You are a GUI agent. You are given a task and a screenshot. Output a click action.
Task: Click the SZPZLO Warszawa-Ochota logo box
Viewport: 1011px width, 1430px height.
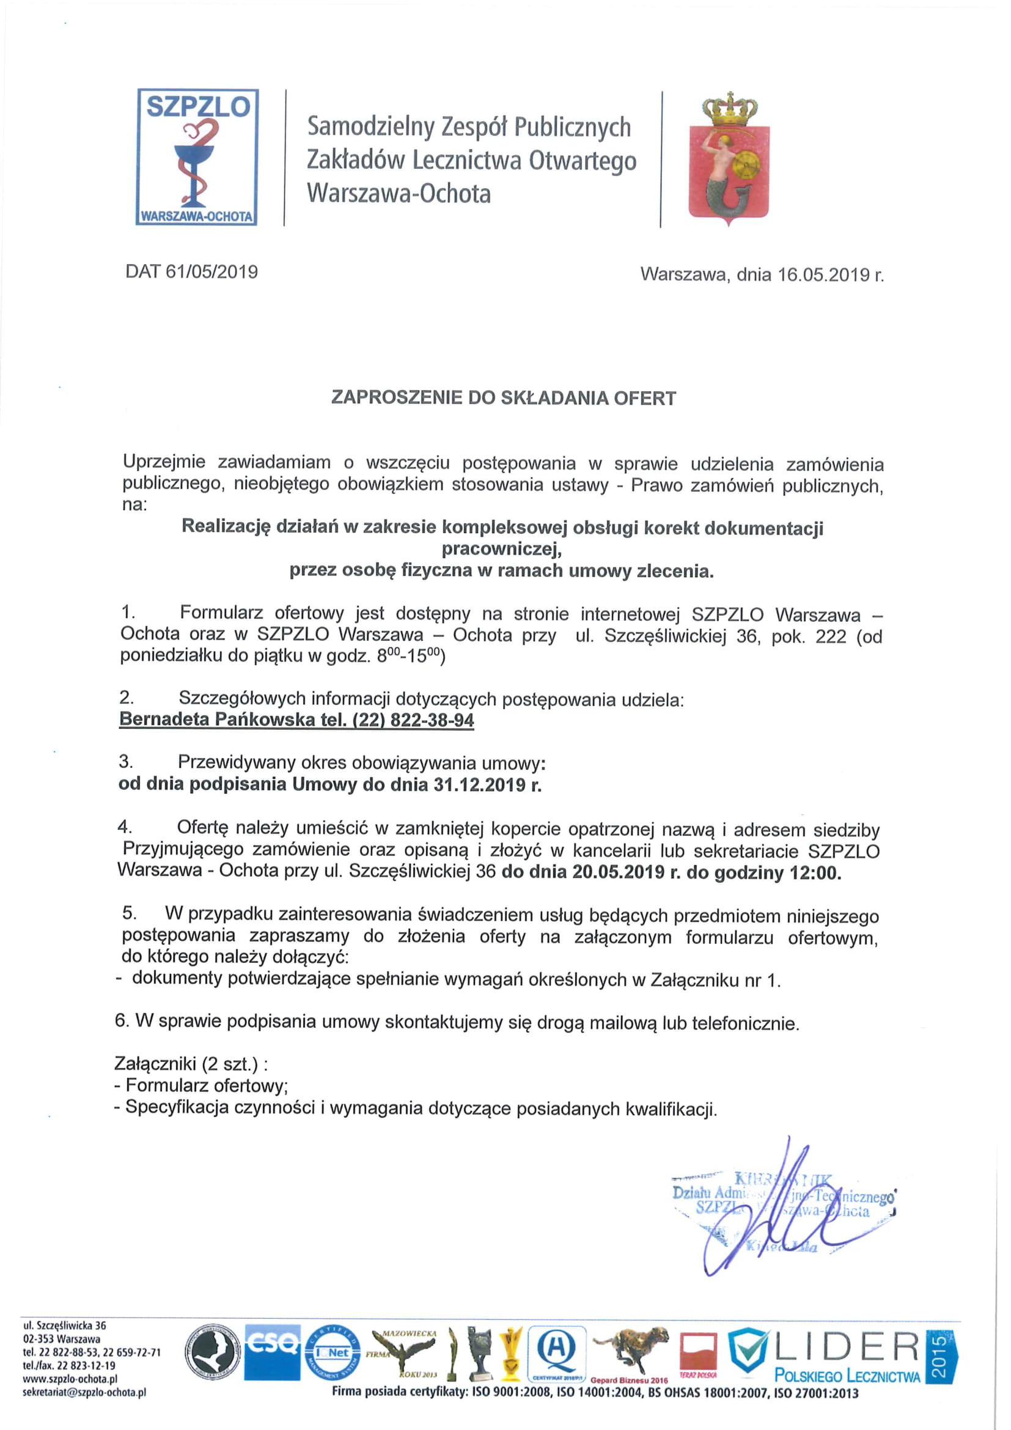[197, 157]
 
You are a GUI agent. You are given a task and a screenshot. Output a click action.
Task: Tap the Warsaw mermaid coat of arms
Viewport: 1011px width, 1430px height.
[729, 161]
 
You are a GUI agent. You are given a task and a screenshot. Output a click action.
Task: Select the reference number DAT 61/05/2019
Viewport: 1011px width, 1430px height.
[192, 271]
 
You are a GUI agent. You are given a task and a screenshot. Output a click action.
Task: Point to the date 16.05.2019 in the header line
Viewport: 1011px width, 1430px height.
[820, 275]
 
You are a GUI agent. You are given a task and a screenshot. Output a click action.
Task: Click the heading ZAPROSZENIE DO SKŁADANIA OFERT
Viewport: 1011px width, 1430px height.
[503, 398]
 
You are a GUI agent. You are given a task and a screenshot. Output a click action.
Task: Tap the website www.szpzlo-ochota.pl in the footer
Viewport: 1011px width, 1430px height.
[70, 1379]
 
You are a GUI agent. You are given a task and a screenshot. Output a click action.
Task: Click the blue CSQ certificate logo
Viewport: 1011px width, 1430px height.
[272, 1352]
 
